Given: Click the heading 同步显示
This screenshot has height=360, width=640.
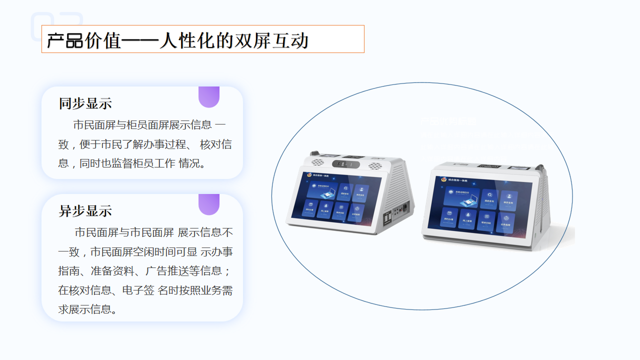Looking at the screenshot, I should (85, 103).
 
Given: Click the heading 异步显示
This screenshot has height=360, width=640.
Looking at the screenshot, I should (85, 210).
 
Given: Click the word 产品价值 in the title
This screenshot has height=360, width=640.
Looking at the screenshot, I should (84, 40).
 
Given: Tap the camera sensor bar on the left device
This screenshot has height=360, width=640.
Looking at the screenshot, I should (346, 164).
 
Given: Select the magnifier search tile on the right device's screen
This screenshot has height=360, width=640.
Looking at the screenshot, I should (489, 196).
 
